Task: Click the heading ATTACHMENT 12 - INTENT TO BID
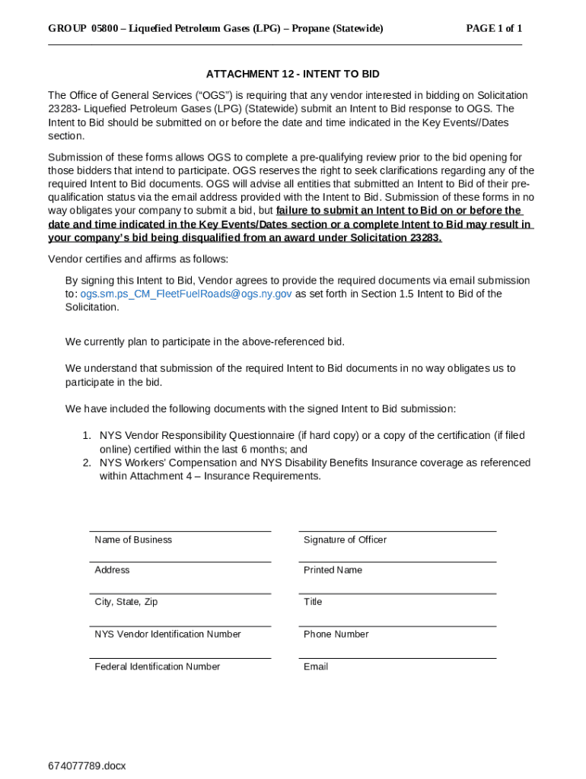292,74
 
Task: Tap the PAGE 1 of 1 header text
494,29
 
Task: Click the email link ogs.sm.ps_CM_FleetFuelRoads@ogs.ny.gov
186,294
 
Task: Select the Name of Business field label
133,540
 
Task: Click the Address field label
112,571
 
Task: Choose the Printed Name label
333,571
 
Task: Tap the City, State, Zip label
126,603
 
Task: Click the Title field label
313,603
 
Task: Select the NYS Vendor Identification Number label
167,634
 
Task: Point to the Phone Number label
336,634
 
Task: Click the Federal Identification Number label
158,667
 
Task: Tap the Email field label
316,667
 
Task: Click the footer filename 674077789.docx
88,765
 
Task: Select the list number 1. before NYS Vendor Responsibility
87,436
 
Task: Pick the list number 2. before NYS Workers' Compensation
87,463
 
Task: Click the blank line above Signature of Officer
397,531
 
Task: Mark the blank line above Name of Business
180,531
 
